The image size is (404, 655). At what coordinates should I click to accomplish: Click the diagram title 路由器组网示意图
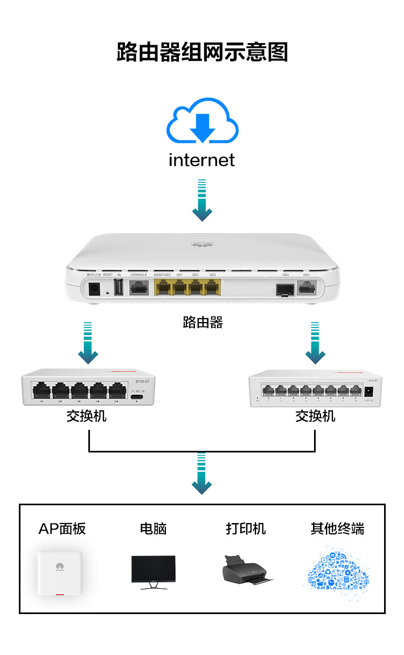[202, 52]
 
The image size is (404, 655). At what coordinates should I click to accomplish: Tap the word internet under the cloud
[202, 160]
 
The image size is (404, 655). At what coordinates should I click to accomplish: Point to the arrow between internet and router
[202, 200]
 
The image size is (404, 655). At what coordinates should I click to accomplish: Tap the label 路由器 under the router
[202, 323]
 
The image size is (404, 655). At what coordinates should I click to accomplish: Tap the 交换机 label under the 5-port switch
[87, 416]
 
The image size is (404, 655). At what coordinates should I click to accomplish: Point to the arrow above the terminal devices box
[202, 473]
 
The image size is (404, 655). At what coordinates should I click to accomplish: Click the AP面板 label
[62, 529]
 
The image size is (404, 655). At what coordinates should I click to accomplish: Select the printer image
[247, 571]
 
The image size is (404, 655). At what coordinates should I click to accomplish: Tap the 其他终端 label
[337, 529]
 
